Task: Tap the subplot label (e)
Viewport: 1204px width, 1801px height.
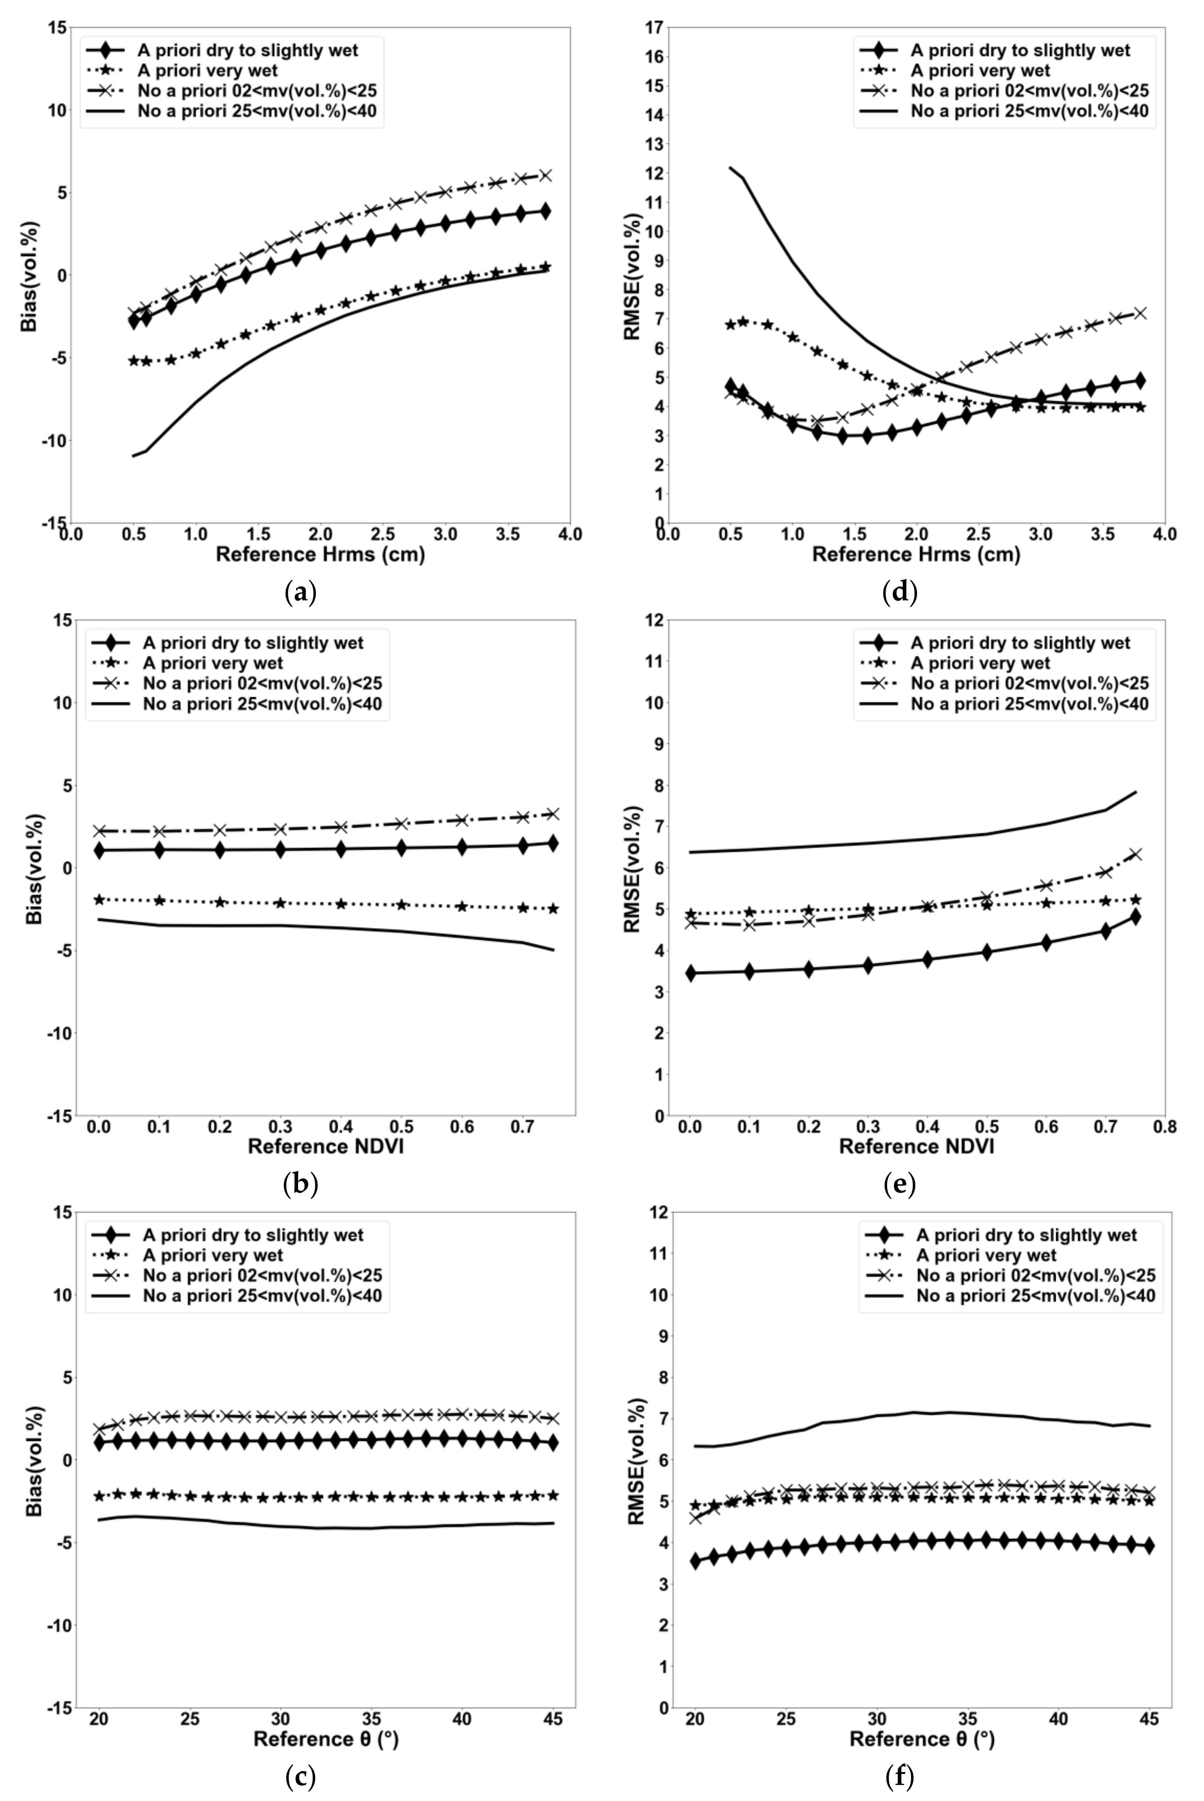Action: point(900,1185)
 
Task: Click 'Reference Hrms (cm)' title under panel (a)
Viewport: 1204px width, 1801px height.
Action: point(320,554)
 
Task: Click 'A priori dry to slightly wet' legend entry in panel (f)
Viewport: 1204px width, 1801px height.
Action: point(1026,1235)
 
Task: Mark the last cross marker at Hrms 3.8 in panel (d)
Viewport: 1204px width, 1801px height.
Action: point(1140,313)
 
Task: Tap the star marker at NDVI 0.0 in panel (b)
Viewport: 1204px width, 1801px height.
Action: point(99,899)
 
